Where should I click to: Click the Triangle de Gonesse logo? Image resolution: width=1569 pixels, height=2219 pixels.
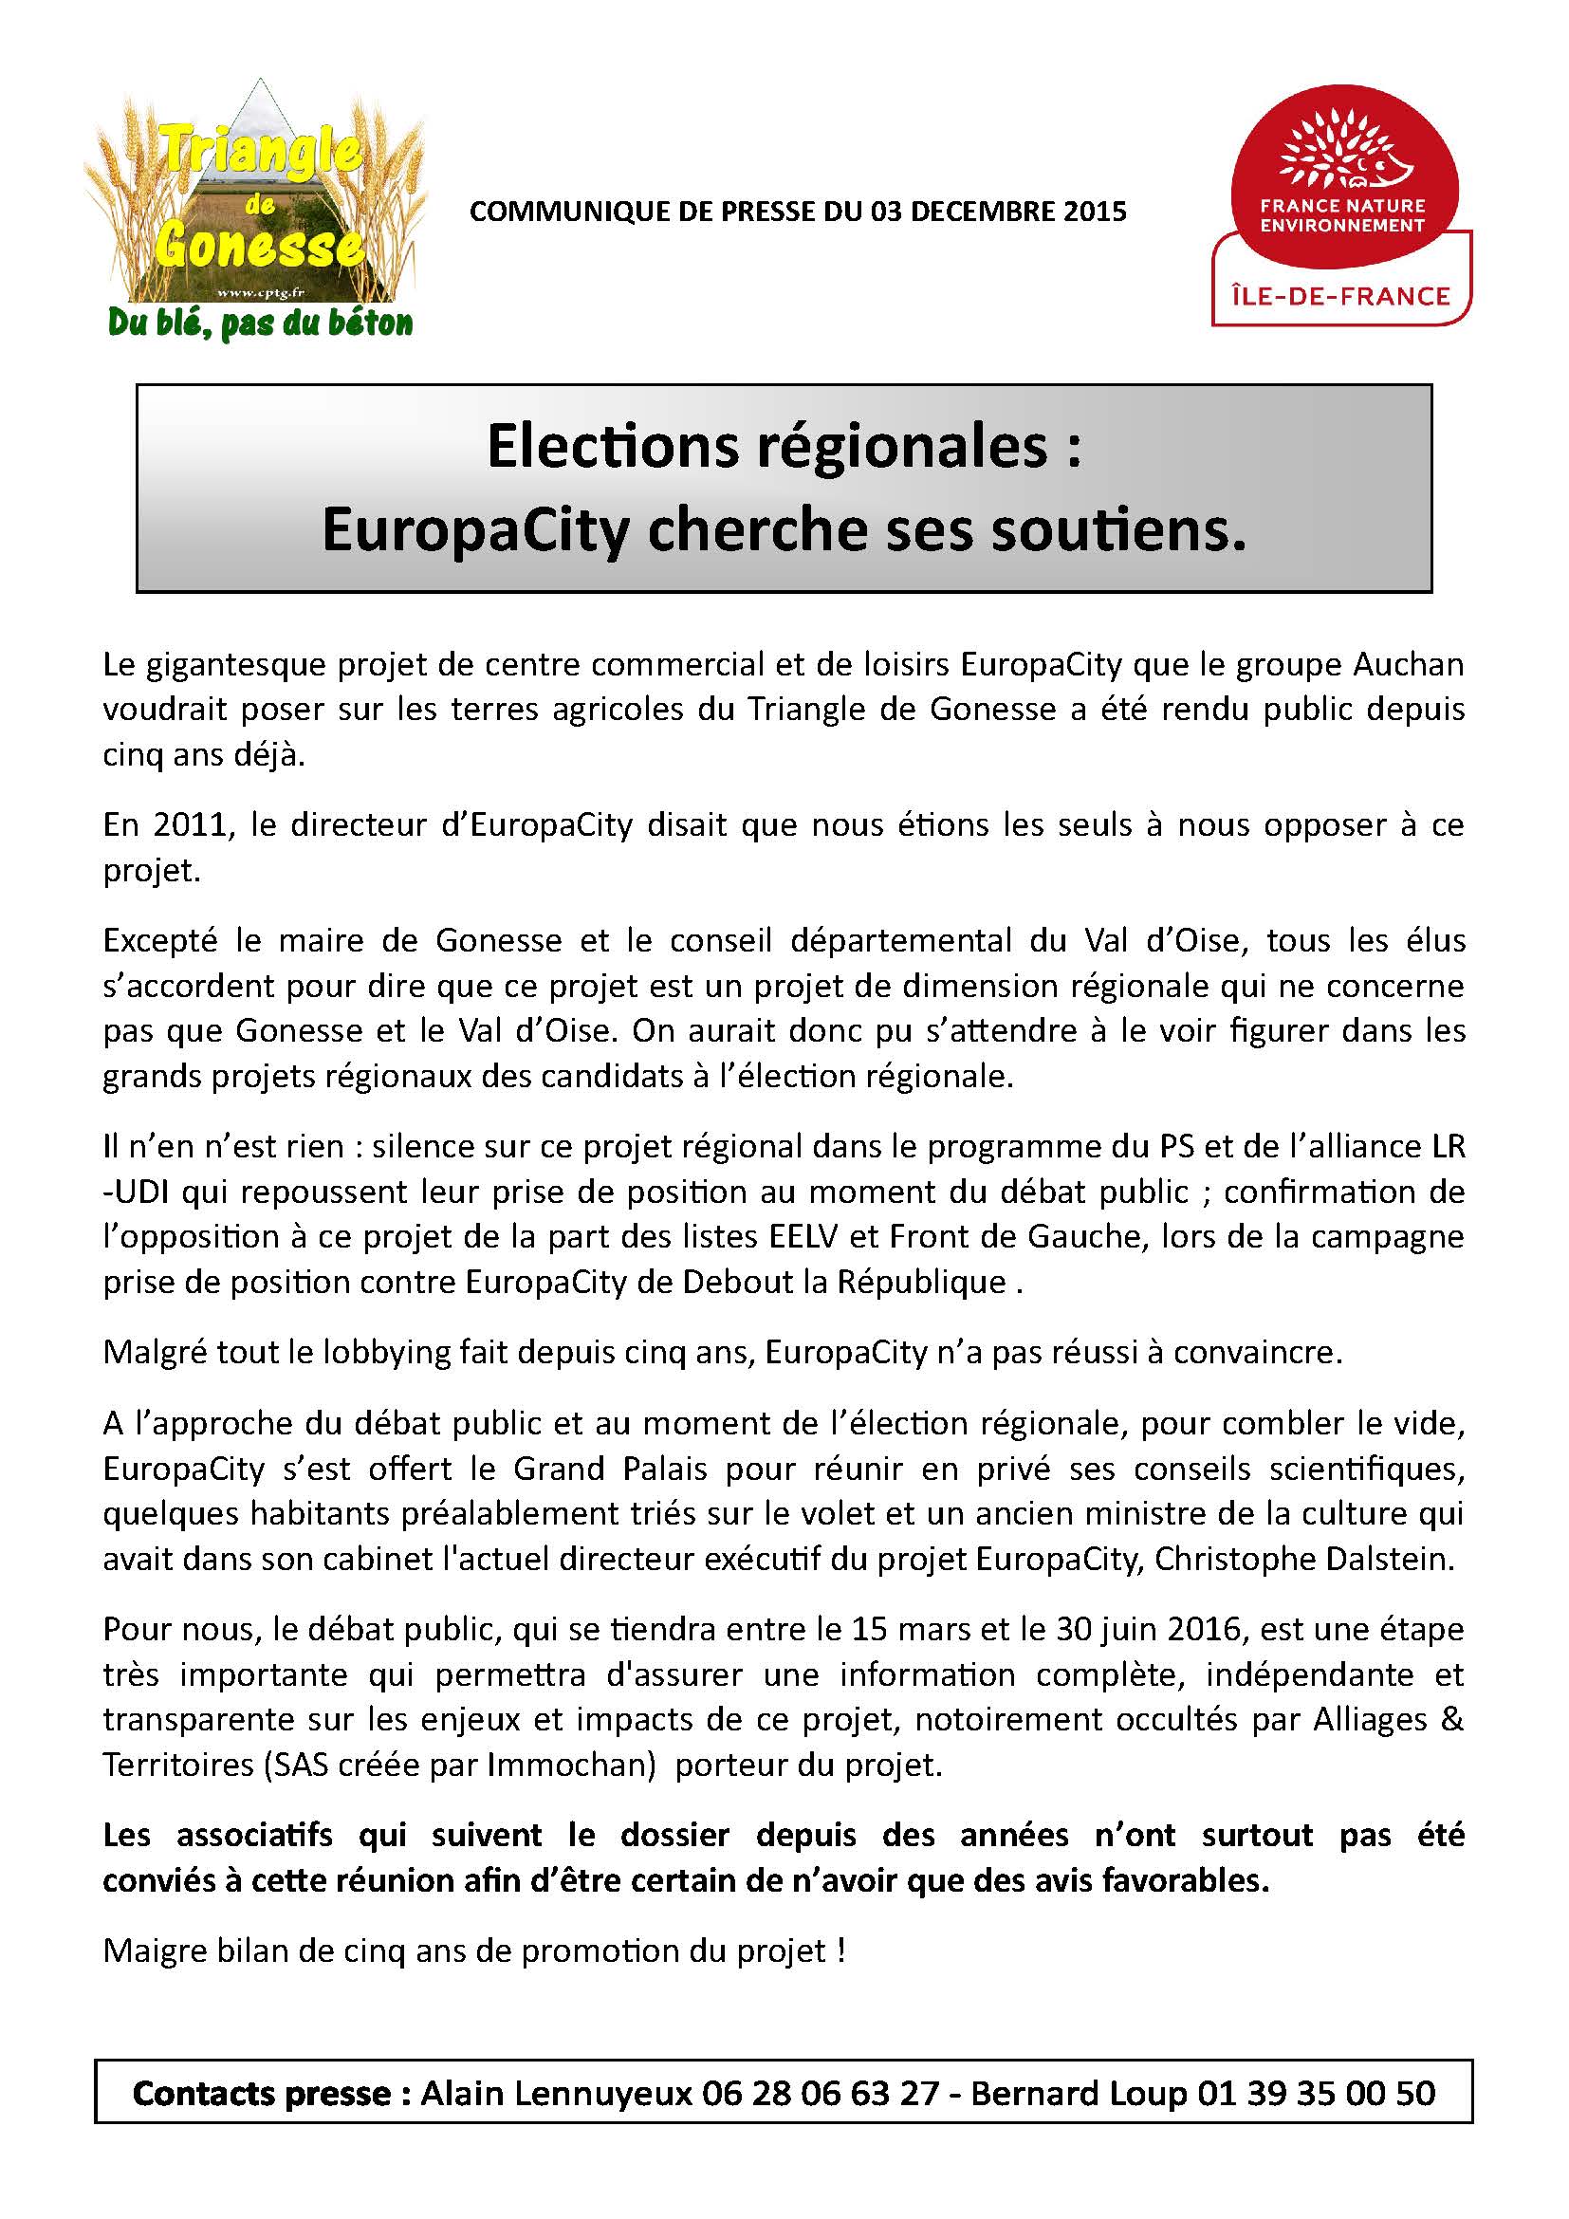256,194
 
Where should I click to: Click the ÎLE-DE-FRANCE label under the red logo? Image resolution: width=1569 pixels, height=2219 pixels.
1341,296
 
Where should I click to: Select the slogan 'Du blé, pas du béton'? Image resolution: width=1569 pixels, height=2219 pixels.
260,323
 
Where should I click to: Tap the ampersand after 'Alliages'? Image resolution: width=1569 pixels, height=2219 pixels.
1452,1719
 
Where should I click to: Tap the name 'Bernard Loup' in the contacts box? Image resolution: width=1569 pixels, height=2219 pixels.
1079,2093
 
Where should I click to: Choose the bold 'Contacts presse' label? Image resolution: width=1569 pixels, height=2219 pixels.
261,2093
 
